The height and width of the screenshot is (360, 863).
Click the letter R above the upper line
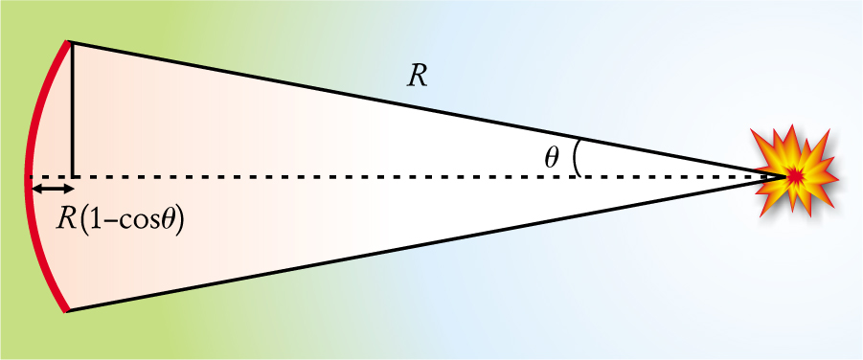418,78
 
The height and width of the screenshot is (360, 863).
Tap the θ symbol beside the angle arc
552,159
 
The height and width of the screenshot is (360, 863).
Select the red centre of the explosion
795,176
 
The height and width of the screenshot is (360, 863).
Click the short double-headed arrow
53,190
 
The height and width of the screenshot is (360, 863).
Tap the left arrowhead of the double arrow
35,190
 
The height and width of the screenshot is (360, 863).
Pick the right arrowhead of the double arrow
69,190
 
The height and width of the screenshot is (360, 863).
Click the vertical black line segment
72,110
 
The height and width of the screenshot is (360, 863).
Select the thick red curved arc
27,176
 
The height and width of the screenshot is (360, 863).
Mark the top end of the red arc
69,42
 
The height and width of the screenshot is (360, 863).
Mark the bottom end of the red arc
67,310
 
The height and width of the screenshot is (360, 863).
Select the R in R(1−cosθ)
67,221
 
